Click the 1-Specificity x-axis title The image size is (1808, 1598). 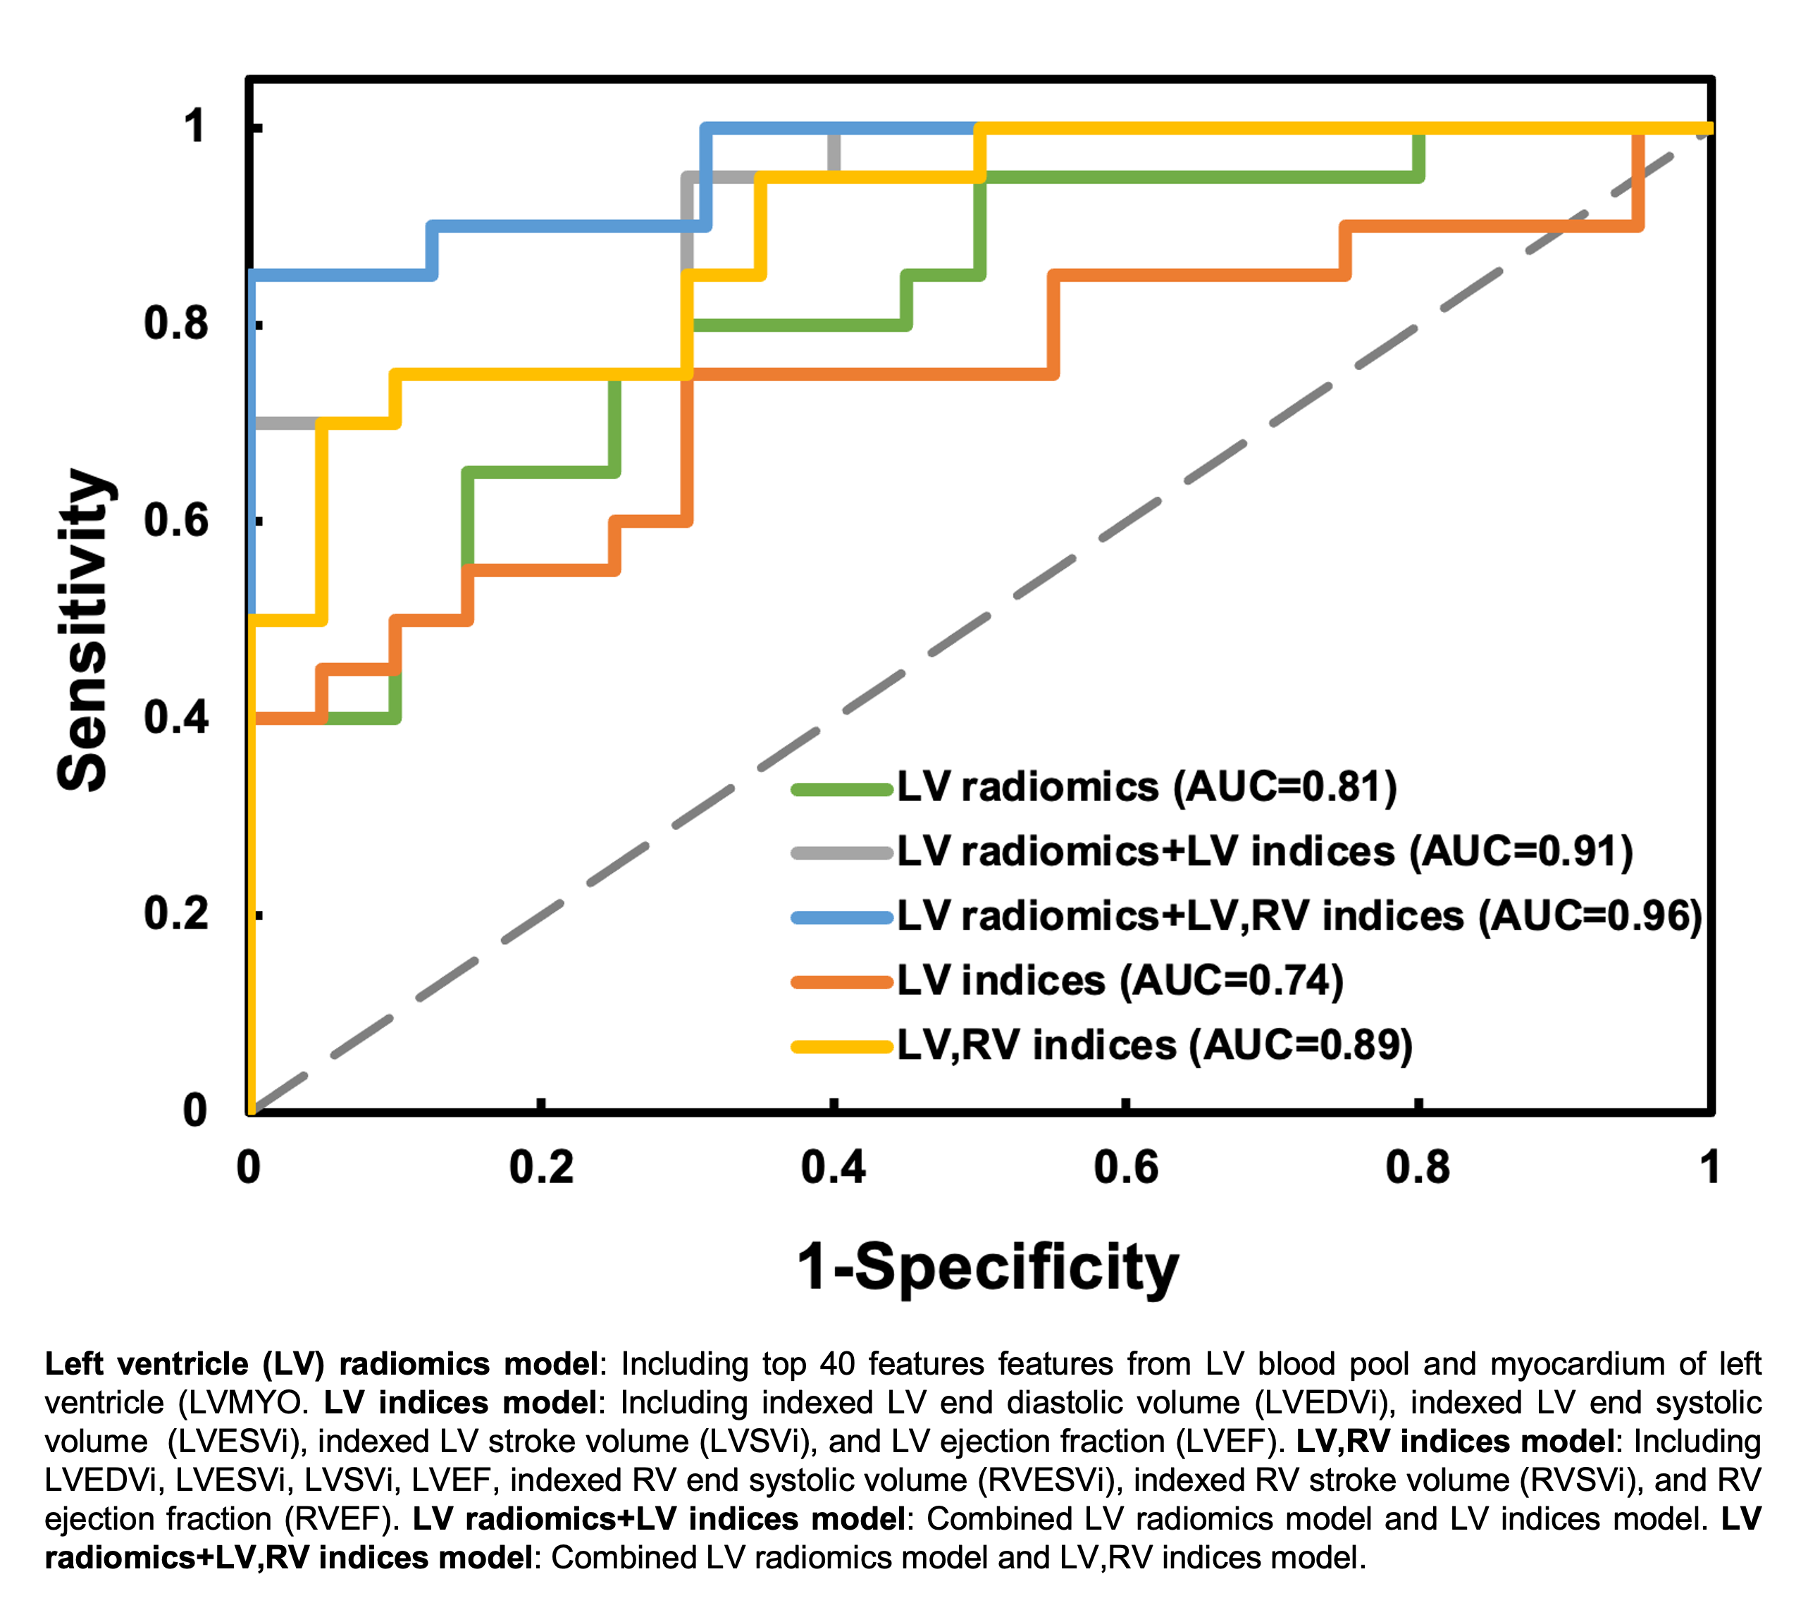click(988, 1266)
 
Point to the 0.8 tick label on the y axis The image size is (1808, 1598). click(176, 323)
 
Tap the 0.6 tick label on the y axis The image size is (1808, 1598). click(176, 520)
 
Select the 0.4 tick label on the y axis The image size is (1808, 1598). click(176, 717)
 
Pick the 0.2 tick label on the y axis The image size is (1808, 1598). click(176, 912)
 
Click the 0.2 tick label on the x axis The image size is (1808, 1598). click(540, 1167)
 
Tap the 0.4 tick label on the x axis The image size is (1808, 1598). click(834, 1167)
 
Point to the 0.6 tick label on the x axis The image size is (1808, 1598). click(1125, 1167)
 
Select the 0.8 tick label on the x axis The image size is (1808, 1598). click(1418, 1167)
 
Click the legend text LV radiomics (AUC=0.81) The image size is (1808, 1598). click(1147, 787)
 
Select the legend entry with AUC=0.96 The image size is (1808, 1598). click(1299, 916)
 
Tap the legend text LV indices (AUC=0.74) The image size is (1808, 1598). click(1120, 981)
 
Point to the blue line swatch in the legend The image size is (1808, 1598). click(842, 918)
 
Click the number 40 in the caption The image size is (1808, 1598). click(837, 1363)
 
